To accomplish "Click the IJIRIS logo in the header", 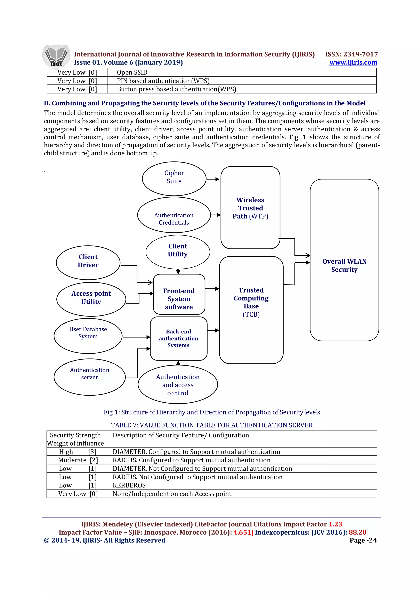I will coord(56,57).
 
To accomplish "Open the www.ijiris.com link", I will coord(353,62).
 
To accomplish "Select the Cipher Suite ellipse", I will coord(174,179).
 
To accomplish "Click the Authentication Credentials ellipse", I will coord(174,215).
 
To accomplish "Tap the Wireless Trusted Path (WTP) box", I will coord(250,208).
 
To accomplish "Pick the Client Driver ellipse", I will coord(88,262).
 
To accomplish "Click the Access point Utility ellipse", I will coord(91,299).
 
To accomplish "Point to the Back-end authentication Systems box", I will coord(179,338).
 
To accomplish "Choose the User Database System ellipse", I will coord(88,336).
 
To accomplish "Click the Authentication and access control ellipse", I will coord(178,385).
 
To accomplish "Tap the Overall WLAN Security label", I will coord(344,265).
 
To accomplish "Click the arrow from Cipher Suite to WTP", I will coord(213,179).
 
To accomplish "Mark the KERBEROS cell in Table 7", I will coord(129,485).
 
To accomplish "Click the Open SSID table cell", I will coord(132,72).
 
